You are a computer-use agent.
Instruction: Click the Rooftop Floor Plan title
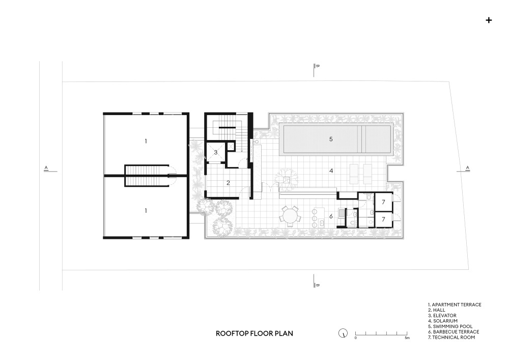[x=254, y=334]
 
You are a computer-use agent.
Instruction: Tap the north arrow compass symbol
[x=343, y=333]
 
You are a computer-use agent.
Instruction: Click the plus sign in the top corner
[x=489, y=20]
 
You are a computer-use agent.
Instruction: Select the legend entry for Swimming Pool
[x=450, y=326]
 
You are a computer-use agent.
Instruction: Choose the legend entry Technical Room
[x=451, y=337]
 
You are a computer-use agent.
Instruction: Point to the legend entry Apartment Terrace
[x=455, y=304]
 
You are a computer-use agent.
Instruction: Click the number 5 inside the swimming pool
[x=331, y=139]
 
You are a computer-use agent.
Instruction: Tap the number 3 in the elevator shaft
[x=215, y=152]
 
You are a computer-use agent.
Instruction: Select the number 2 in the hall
[x=228, y=183]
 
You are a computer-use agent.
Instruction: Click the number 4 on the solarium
[x=331, y=171]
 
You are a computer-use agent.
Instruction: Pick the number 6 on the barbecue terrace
[x=331, y=216]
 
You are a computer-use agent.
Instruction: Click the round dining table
[x=290, y=216]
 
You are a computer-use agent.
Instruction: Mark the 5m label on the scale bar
[x=407, y=338]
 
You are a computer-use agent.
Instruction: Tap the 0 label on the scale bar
[x=355, y=338]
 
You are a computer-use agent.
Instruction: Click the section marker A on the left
[x=46, y=168]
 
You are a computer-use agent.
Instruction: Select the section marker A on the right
[x=467, y=168]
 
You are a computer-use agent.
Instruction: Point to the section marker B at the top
[x=318, y=66]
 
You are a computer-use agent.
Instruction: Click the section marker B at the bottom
[x=318, y=285]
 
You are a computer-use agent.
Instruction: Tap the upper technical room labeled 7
[x=384, y=202]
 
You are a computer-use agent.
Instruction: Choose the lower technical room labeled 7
[x=384, y=219]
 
